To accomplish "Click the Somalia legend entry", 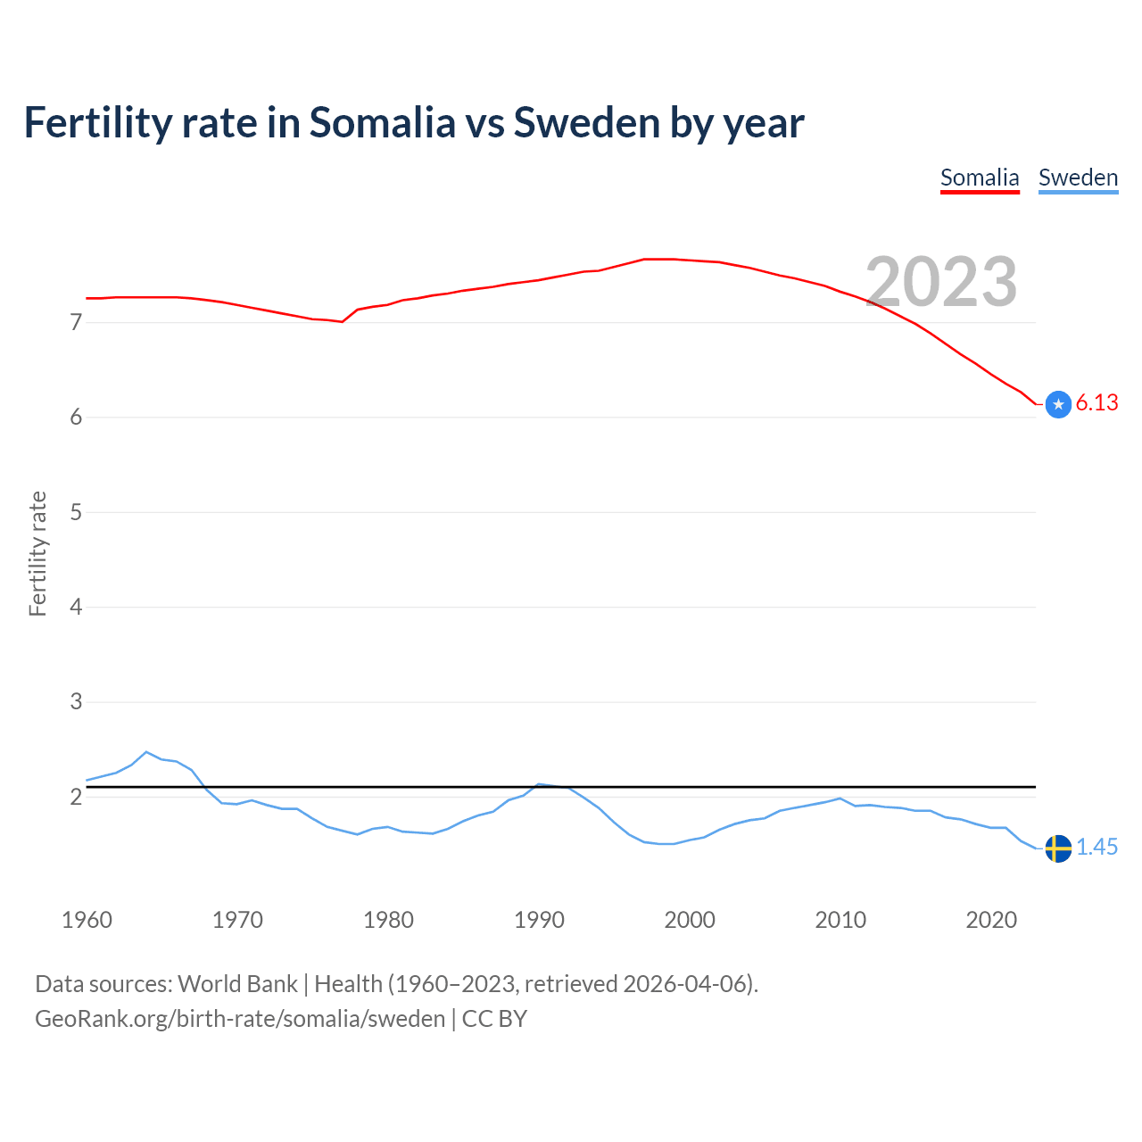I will [x=980, y=178].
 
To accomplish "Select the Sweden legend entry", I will [x=1078, y=178].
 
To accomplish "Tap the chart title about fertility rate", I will [x=414, y=122].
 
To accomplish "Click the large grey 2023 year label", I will [x=941, y=282].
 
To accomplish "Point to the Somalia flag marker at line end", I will [x=1058, y=404].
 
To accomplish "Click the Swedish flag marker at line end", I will [x=1058, y=848].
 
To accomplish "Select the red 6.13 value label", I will [x=1096, y=403].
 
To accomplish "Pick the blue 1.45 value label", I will [x=1096, y=848].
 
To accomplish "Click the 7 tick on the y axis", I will [x=76, y=322].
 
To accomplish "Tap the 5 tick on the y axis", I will [x=76, y=512].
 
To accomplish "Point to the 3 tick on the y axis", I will [x=76, y=702].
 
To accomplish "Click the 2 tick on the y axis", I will [x=76, y=797].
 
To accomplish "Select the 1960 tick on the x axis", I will [x=87, y=920].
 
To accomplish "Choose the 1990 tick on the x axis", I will [x=539, y=920].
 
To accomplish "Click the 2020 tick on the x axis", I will [x=991, y=920].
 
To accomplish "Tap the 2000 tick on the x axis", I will [x=690, y=920].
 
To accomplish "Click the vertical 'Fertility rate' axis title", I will [x=37, y=553].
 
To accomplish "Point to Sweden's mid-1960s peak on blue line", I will [x=147, y=752].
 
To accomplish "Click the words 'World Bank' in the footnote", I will [x=237, y=984].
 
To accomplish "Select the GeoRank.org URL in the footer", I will [x=240, y=1019].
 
